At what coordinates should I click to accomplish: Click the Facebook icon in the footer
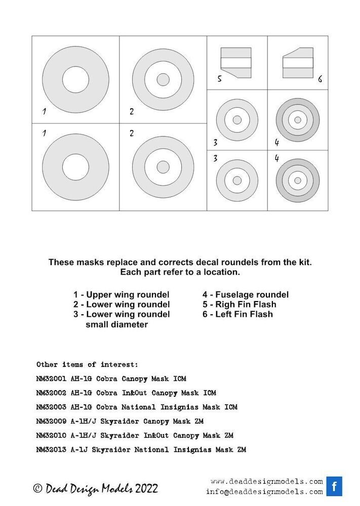point(334,486)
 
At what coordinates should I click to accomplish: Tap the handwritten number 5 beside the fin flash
point(220,79)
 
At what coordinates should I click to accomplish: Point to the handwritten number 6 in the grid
point(320,79)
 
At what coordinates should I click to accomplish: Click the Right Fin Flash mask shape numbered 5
point(236,62)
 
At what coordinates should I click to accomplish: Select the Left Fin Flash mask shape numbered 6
point(298,62)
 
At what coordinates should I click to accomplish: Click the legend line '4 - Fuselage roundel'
point(246,294)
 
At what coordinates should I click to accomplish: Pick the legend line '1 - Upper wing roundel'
point(121,294)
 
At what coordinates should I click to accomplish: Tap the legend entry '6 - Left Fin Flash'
point(237,314)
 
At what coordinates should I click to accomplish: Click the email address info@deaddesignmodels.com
point(264,491)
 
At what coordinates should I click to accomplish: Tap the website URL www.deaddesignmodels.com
point(266,481)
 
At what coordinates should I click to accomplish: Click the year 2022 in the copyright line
point(144,488)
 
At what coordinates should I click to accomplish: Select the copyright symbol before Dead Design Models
point(37,489)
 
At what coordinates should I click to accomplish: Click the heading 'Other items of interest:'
point(87,364)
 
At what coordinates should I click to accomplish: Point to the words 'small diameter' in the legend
point(116,324)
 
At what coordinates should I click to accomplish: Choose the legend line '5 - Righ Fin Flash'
point(239,304)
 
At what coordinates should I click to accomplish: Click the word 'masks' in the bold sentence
point(84,262)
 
